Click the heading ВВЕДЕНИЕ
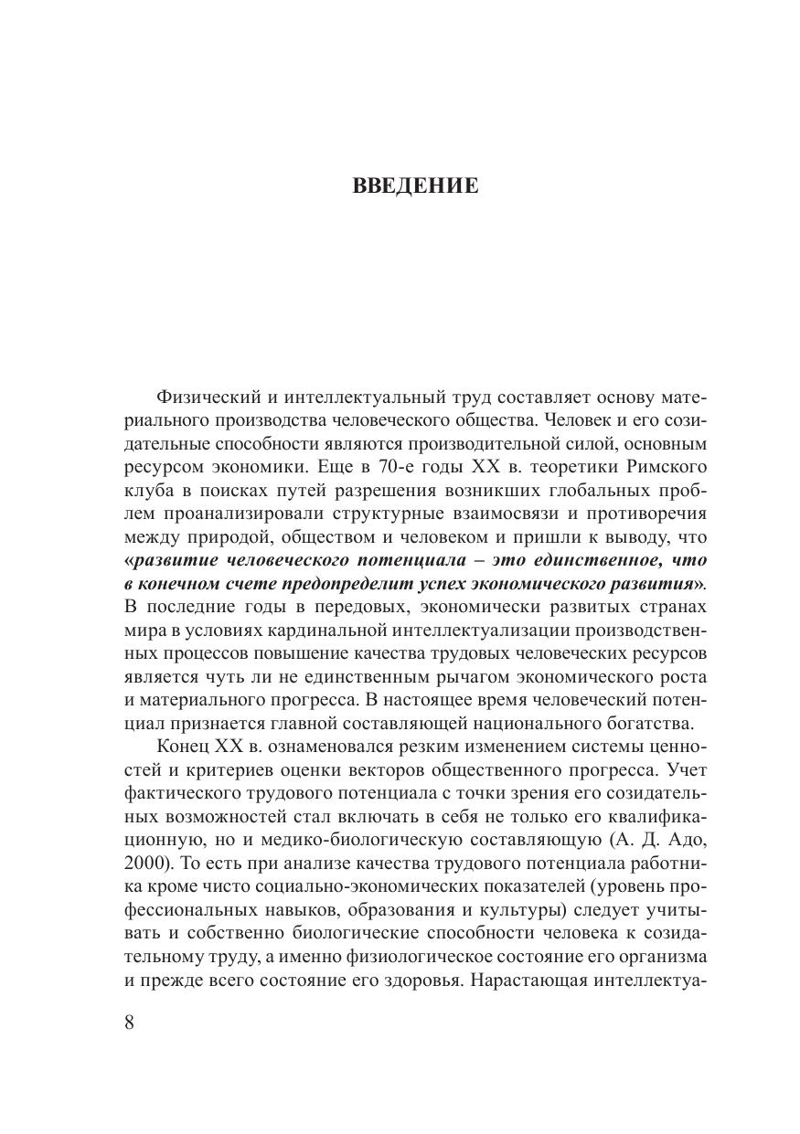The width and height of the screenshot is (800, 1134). (x=415, y=186)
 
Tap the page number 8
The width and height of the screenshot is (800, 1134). (x=129, y=1022)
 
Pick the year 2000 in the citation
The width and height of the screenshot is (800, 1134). (x=142, y=864)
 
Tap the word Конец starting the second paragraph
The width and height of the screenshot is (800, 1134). (x=184, y=746)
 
